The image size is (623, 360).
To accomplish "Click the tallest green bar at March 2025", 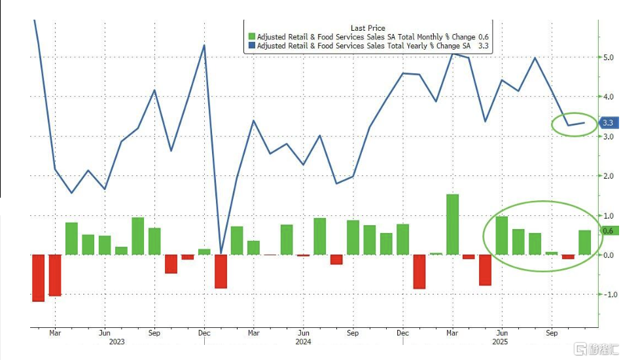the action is [453, 225].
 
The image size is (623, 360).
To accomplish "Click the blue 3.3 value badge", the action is [609, 123].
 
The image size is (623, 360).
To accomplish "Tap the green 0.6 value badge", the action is [609, 231].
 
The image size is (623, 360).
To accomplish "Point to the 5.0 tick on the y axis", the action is [608, 57].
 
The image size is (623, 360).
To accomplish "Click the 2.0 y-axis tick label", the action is [608, 176].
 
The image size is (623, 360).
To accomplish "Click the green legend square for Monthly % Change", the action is [251, 37].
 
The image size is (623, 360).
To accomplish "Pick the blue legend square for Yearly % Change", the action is [251, 46].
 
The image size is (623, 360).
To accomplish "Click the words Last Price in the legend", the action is [368, 27].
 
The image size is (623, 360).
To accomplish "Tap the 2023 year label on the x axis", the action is [116, 342].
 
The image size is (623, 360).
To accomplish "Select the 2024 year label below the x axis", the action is [303, 342].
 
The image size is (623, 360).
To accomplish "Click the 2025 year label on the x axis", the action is [500, 342].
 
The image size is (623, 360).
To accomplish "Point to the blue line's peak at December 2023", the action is [204, 45].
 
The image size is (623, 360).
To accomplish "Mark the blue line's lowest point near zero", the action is [221, 253].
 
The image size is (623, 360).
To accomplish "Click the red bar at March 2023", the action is [55, 276].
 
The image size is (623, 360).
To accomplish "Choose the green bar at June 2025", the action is [502, 236].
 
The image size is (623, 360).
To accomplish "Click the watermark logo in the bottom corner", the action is [597, 350].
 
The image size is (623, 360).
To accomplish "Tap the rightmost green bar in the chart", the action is [585, 242].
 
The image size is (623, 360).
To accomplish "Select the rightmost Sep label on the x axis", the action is [552, 333].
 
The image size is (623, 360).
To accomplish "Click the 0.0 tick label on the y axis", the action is [608, 255].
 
